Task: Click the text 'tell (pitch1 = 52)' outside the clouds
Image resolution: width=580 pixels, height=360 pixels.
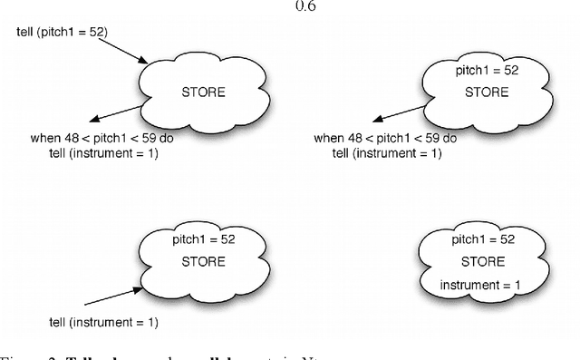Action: pyautogui.click(x=62, y=33)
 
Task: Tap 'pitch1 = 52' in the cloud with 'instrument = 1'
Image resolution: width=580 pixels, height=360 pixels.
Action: pyautogui.click(x=481, y=239)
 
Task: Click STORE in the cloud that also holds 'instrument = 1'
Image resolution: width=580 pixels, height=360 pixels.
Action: pyautogui.click(x=481, y=262)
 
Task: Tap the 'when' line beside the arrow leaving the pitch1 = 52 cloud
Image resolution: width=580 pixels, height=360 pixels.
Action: pyautogui.click(x=385, y=139)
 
